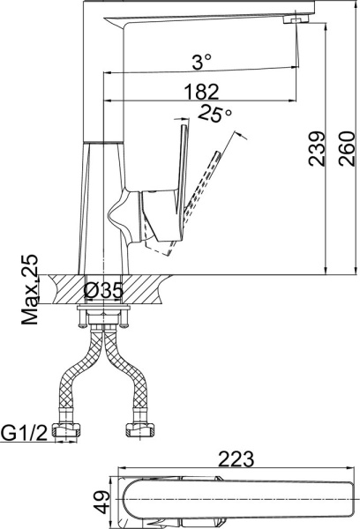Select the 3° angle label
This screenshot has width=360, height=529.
point(202,62)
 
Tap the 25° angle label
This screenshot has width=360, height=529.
point(214,114)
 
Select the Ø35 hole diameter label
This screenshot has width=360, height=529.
point(105,289)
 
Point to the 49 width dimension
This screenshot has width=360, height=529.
point(103,503)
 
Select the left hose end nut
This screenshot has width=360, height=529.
point(67,432)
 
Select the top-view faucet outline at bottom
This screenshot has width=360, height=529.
point(229,500)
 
